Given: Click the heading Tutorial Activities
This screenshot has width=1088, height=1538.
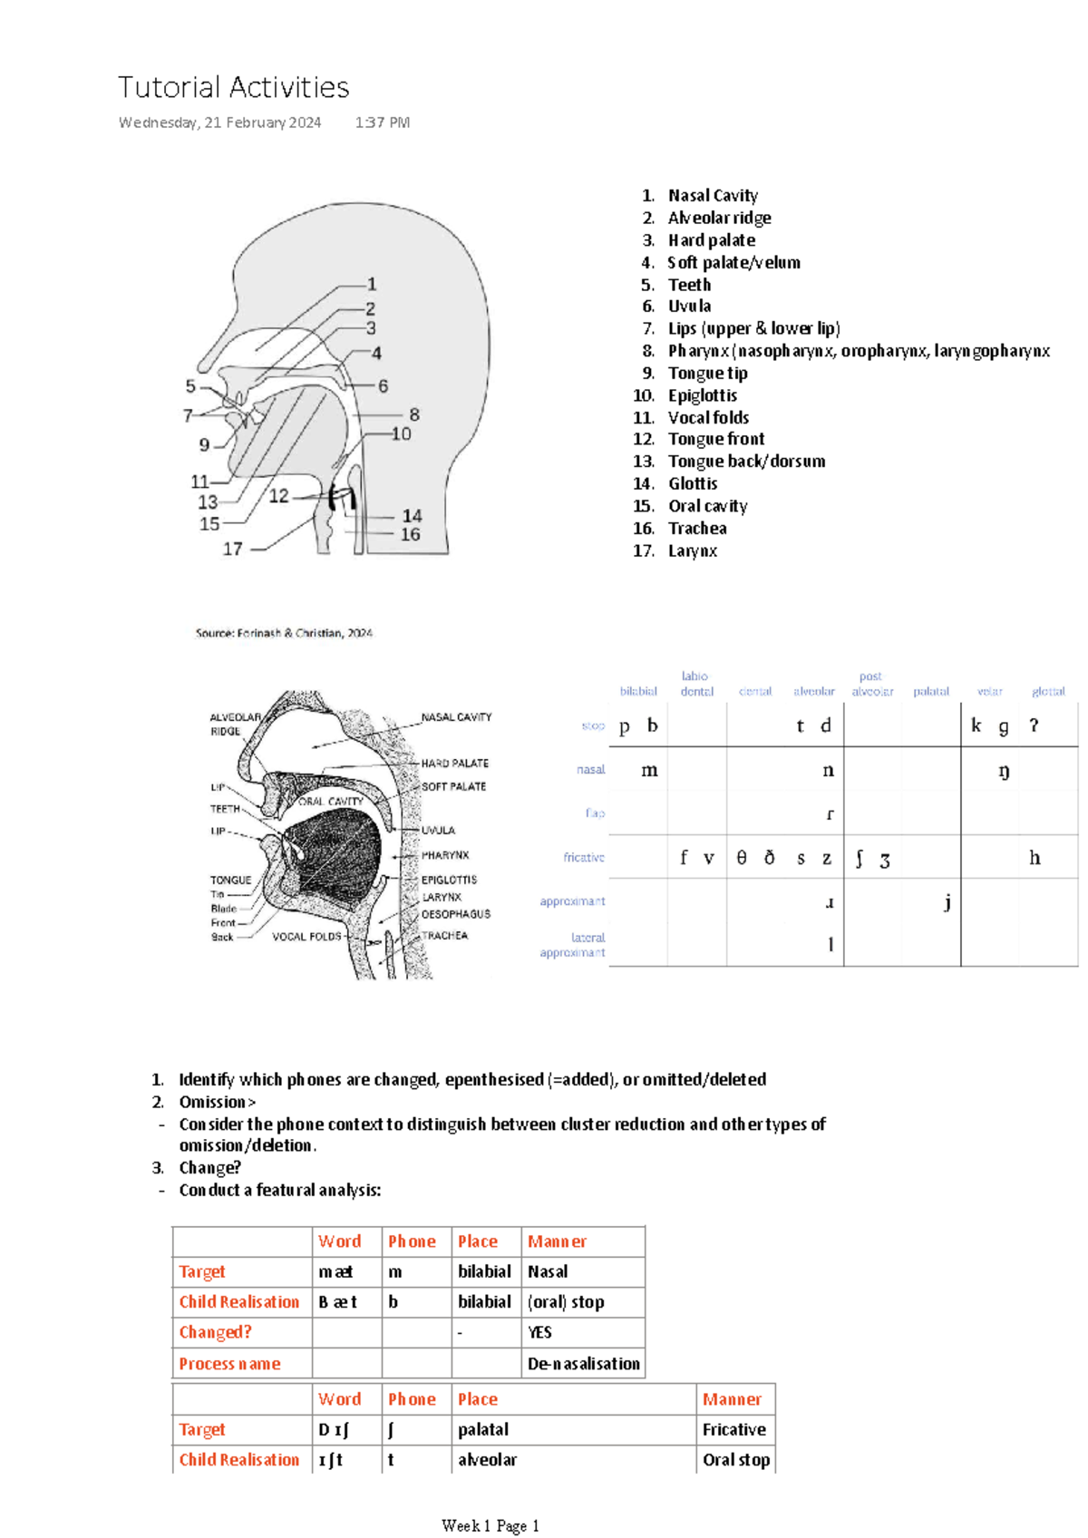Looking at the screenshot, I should click(x=233, y=87).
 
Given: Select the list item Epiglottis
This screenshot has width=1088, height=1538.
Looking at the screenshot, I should click(x=702, y=395).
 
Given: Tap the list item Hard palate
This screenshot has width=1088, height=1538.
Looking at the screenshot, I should click(x=711, y=240).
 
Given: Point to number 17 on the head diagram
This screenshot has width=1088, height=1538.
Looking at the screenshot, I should click(x=233, y=549).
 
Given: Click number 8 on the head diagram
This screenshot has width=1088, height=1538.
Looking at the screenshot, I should click(x=414, y=414).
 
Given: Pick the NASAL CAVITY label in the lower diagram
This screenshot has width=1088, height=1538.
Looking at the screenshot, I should click(x=456, y=717).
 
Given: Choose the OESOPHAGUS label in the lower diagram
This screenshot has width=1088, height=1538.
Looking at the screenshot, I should click(x=455, y=914).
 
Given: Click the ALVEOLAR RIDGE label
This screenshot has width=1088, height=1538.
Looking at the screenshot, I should click(x=235, y=724).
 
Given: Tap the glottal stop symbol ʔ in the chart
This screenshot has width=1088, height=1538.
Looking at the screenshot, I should click(x=1034, y=725).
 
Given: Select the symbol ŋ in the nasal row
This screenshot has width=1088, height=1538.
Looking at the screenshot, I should click(x=1004, y=771).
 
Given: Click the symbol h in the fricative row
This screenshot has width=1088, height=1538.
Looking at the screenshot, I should click(x=1035, y=858).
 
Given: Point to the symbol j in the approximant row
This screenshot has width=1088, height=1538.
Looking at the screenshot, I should click(x=947, y=902).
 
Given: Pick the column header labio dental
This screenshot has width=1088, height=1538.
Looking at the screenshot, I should click(x=695, y=684).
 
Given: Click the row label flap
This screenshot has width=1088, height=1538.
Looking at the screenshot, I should click(x=595, y=813).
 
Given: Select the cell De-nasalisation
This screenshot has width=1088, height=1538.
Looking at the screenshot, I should click(x=584, y=1364).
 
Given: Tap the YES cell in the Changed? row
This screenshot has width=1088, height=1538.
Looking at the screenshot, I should click(x=539, y=1332).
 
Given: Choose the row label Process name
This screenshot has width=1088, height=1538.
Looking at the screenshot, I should click(x=229, y=1364).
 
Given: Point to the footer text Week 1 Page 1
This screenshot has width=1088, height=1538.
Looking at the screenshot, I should click(x=490, y=1525).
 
